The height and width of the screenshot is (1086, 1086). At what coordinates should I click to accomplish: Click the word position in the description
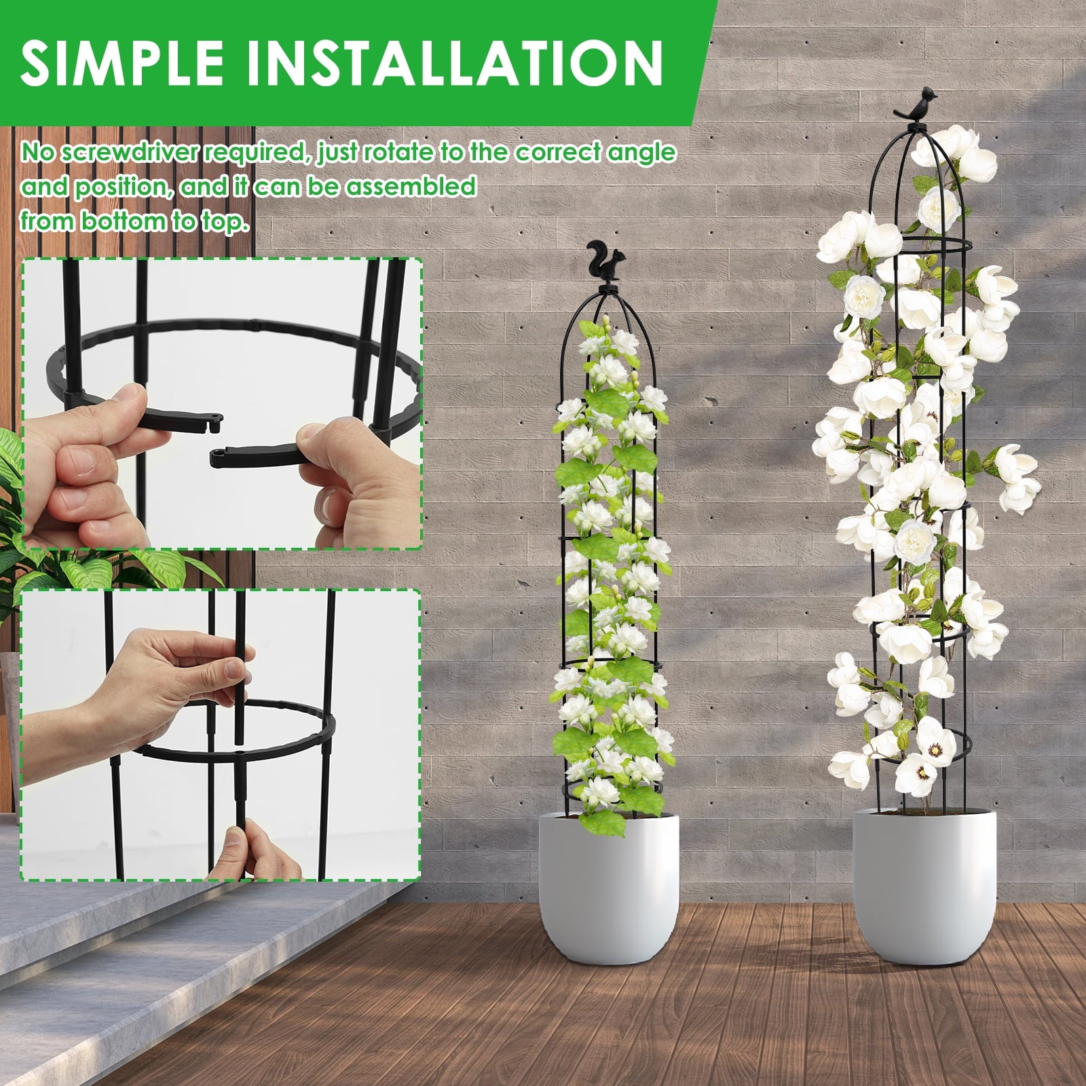click(x=122, y=187)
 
